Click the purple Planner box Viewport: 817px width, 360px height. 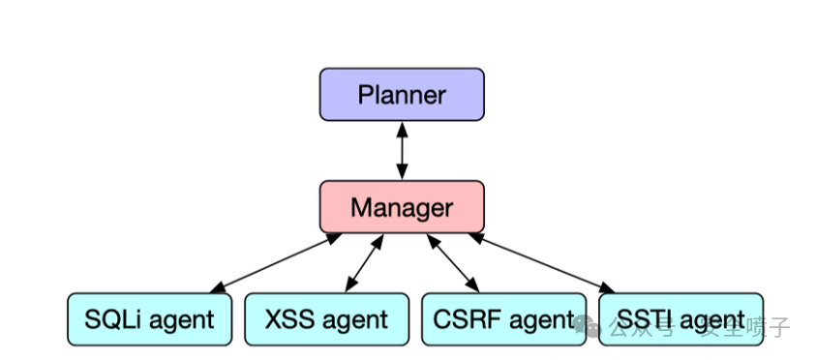tap(402, 95)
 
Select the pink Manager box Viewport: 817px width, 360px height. tap(402, 207)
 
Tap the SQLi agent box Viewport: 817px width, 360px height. tap(150, 319)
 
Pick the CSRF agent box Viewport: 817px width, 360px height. tap(504, 319)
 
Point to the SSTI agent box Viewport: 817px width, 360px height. tap(681, 319)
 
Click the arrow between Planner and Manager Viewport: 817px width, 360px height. tap(402, 151)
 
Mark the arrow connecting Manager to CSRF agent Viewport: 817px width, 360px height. tap(454, 262)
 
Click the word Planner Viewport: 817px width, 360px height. tap(402, 95)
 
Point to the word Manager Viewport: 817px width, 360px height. tap(402, 207)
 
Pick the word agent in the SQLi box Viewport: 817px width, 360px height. tap(181, 320)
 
